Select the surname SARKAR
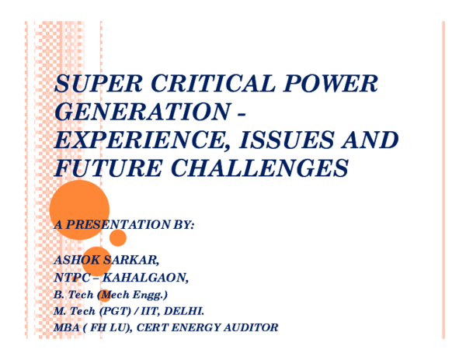[x=135, y=258]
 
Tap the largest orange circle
[x=79, y=209]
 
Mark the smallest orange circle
[x=104, y=296]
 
